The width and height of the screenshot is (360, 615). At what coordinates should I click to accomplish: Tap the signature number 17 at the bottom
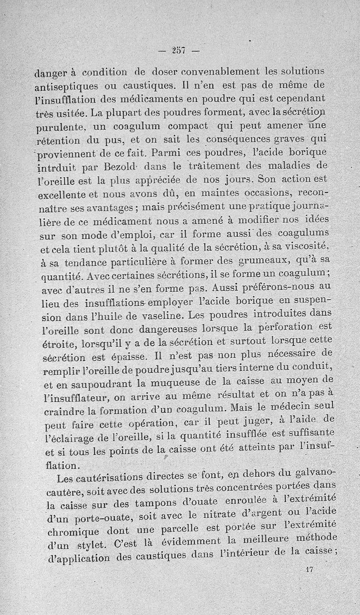point(309,569)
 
